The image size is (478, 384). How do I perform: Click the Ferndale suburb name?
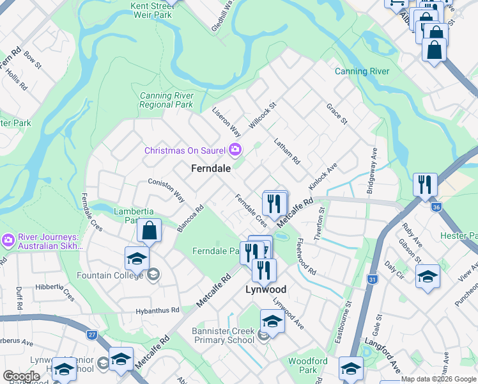(x=210, y=168)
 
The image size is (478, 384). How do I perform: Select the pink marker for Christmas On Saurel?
(x=235, y=150)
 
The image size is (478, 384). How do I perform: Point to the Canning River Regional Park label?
(x=166, y=100)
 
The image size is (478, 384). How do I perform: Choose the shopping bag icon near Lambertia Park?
(x=148, y=231)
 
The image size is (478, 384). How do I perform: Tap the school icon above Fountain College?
(x=137, y=259)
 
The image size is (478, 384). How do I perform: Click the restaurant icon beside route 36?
(x=425, y=185)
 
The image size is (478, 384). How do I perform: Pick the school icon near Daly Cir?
(x=428, y=276)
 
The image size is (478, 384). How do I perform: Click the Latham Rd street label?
(x=287, y=152)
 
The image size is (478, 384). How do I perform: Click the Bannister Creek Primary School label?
(x=223, y=335)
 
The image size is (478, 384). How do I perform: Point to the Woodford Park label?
(x=307, y=365)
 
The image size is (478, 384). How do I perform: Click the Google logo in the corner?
(x=22, y=376)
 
